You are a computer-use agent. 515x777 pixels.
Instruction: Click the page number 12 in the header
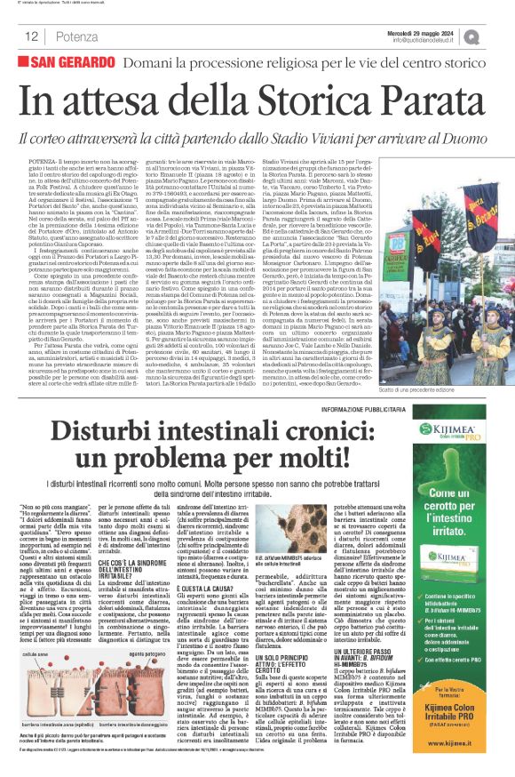(30, 36)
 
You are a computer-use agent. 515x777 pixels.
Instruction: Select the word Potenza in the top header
(75, 36)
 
